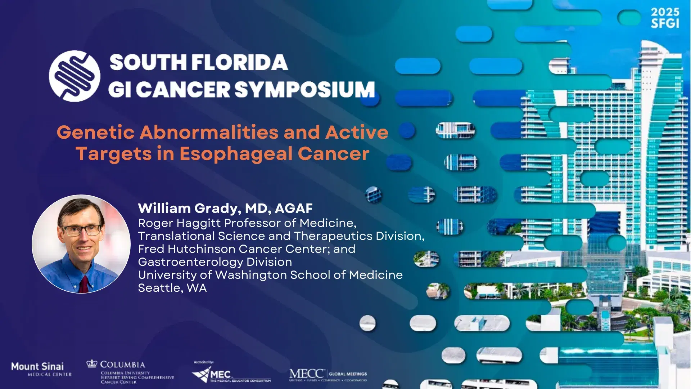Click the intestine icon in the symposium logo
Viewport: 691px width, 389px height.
tap(74, 76)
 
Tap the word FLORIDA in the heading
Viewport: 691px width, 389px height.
tap(239, 63)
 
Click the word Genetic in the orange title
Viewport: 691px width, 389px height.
tap(95, 132)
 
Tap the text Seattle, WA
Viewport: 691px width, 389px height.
tap(172, 288)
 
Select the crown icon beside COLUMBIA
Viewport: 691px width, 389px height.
tap(92, 363)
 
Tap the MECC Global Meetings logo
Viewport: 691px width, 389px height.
tap(328, 375)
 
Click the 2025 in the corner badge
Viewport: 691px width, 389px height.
tap(665, 12)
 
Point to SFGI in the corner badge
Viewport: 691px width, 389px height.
tap(665, 24)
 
